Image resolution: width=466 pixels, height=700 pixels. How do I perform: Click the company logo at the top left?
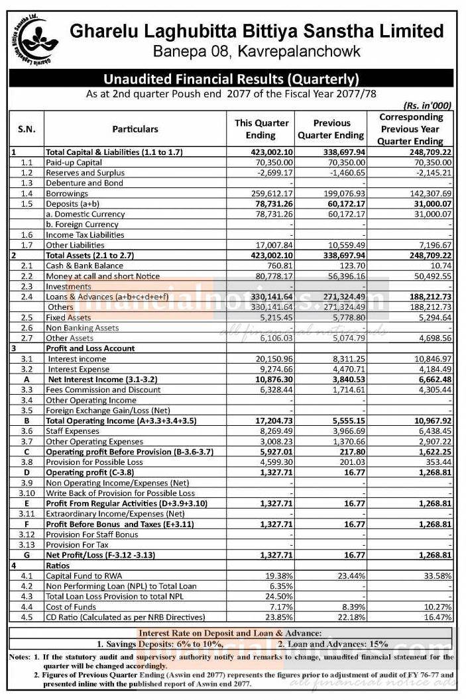tap(31, 38)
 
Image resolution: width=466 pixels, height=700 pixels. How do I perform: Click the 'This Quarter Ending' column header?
tap(262, 129)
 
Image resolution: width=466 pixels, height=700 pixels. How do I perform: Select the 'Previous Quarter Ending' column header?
tap(331, 129)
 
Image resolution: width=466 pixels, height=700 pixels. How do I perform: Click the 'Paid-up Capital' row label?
tap(74, 162)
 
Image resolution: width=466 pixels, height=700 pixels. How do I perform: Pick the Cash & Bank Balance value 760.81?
tap(278, 266)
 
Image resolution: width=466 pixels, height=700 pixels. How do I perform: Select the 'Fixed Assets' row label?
tap(68, 317)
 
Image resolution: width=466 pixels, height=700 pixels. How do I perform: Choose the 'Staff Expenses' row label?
tap(73, 431)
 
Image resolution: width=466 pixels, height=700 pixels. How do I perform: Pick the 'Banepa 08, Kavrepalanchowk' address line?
tap(257, 51)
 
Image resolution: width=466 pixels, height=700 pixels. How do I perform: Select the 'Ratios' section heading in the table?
tap(58, 565)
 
